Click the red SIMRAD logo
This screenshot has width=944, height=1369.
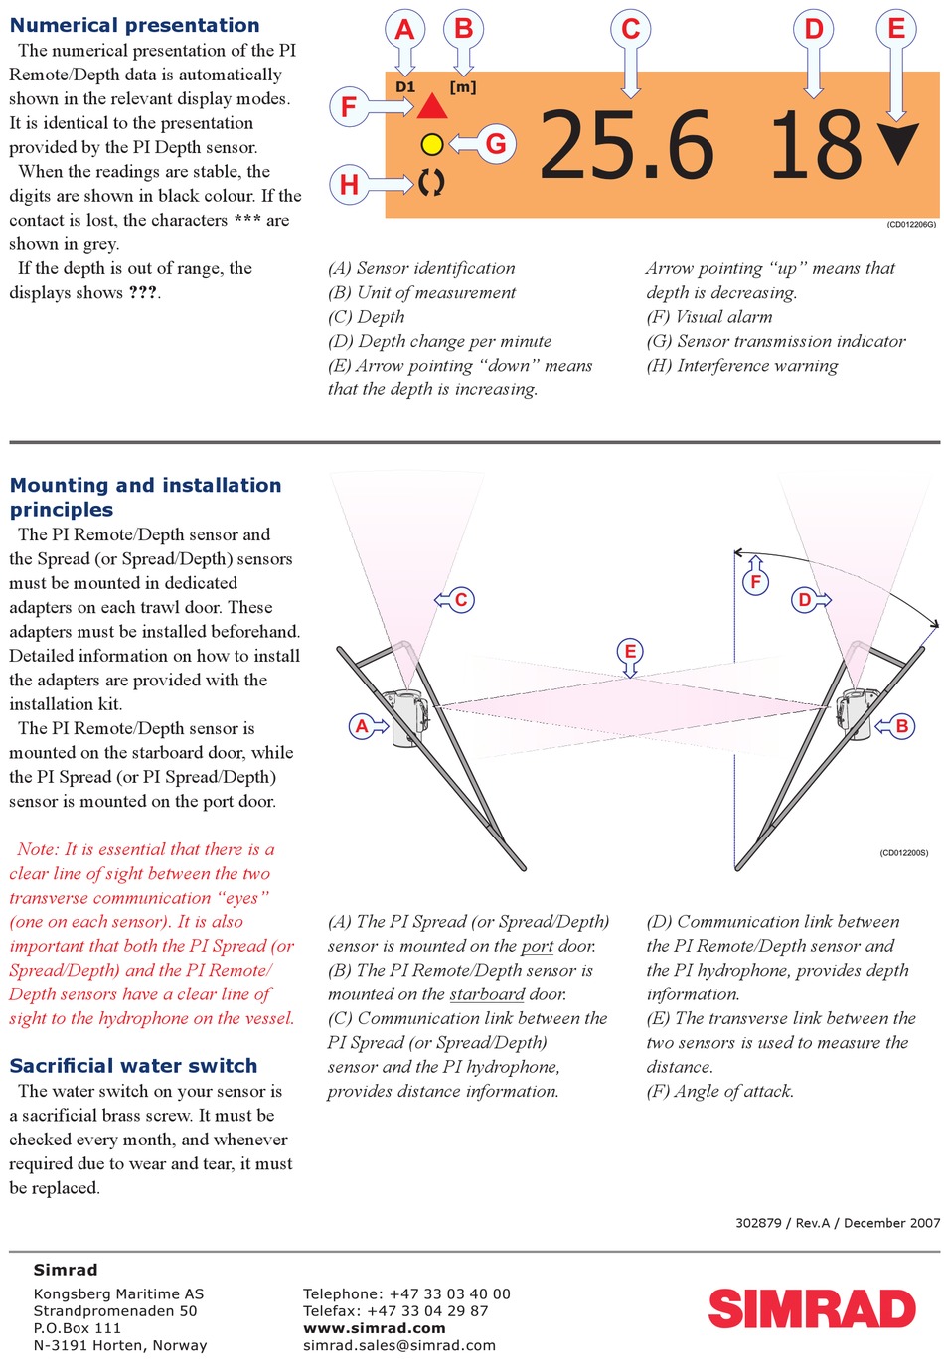[811, 1308]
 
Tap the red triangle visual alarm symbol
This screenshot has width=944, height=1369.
[432, 106]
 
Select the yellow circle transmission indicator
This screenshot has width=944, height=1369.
[431, 145]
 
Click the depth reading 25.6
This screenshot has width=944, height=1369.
[626, 146]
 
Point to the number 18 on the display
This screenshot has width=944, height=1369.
[816, 146]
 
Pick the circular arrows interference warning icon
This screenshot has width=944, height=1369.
[431, 182]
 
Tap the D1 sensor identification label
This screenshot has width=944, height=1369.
[405, 87]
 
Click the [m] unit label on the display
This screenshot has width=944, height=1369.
[463, 87]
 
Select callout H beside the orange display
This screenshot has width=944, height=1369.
[349, 184]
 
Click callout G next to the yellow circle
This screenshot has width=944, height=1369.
[495, 145]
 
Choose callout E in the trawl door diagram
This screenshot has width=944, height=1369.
[629, 652]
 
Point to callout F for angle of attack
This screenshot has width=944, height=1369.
[755, 581]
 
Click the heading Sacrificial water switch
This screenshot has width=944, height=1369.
[133, 1066]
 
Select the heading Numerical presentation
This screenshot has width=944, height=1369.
[134, 26]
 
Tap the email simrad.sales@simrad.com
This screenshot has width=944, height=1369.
[398, 1345]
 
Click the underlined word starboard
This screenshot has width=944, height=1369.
[487, 994]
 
